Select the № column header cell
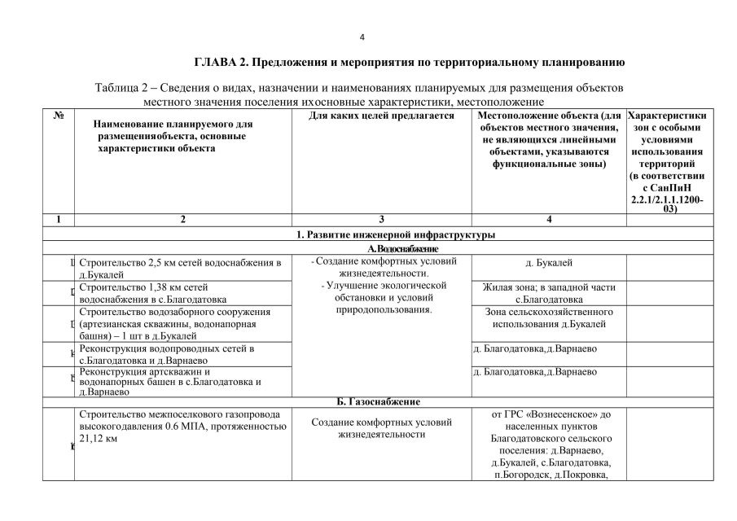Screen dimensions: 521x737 [58, 116]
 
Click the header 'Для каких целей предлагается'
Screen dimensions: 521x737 [382, 116]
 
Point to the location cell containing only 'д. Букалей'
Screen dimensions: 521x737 [549, 263]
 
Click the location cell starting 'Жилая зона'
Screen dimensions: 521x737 [549, 292]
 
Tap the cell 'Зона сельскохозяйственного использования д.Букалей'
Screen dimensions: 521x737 [549, 318]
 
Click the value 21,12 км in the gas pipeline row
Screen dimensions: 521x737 [97, 439]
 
